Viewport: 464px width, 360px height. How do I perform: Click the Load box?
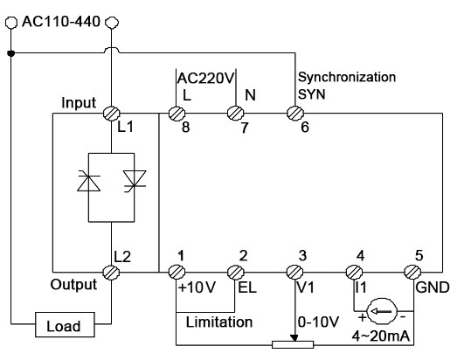(x=64, y=326)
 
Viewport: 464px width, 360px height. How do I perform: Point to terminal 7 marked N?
(x=235, y=113)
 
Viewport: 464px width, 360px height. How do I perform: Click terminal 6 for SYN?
(x=295, y=113)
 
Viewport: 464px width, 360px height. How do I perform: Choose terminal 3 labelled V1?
(x=295, y=272)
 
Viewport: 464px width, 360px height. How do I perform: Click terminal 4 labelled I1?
(x=357, y=272)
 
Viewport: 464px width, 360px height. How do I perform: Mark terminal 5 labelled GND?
(x=417, y=272)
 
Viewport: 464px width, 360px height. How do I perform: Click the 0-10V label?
(x=319, y=322)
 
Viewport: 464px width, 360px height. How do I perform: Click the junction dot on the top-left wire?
(x=10, y=52)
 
